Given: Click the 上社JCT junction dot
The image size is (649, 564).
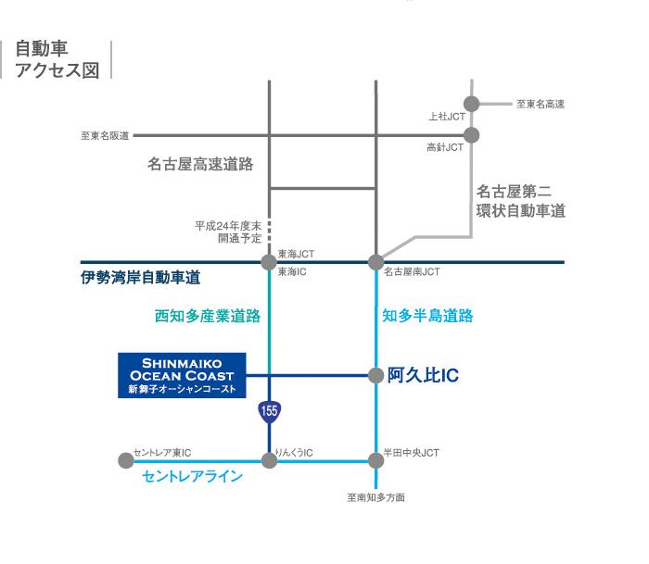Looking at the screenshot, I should [x=471, y=104].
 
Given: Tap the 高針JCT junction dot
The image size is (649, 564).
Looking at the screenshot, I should [x=471, y=135].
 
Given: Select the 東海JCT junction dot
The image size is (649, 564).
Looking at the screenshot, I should [x=269, y=262].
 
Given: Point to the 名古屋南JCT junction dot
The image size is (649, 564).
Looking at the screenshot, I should [x=375, y=262].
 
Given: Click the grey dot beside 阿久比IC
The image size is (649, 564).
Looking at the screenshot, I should [x=375, y=375].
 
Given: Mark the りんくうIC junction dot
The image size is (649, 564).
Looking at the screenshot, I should [x=269, y=459].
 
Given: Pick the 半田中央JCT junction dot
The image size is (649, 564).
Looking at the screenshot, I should [x=375, y=459].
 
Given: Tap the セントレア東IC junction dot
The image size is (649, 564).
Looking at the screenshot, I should [x=127, y=459].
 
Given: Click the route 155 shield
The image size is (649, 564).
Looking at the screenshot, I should [x=269, y=410].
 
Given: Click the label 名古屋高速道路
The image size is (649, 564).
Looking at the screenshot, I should [x=200, y=164].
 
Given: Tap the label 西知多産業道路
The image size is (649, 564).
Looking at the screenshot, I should [x=207, y=316].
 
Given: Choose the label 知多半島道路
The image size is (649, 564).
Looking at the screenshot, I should [x=427, y=316].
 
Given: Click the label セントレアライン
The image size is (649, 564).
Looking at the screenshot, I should [x=193, y=477].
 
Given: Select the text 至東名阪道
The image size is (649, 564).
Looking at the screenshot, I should [x=104, y=136].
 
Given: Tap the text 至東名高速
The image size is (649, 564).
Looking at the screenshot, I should [x=540, y=104].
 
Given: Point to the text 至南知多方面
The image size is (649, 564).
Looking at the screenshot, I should [x=376, y=497].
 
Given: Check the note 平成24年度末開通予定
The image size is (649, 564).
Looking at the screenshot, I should [x=227, y=232].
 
